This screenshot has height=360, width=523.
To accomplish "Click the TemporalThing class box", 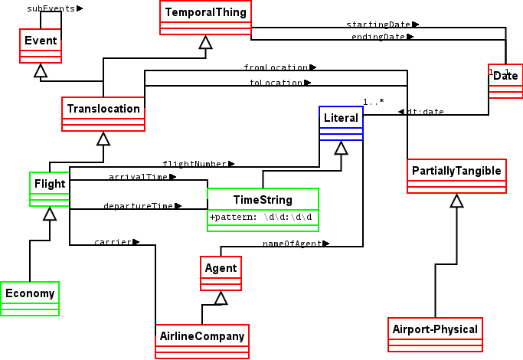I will tap(205, 18).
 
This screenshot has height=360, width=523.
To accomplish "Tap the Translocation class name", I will tap(103, 109).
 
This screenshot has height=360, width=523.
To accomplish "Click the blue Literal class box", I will tap(341, 123).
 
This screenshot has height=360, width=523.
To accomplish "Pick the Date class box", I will tap(505, 80).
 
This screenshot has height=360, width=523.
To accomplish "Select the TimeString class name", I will tap(263, 200).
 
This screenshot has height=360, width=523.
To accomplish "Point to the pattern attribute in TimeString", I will tap(262, 217).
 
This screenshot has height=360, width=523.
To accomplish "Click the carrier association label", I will tap(116, 242).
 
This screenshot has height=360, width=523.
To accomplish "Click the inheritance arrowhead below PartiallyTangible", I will tap(456, 201).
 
